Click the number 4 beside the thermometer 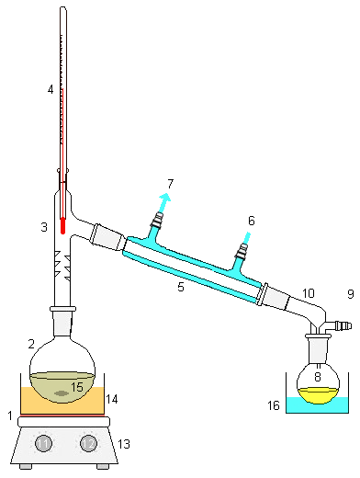51,89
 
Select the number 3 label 43,226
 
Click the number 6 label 251,221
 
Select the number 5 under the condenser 181,288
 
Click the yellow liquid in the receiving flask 318,395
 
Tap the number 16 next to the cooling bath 273,404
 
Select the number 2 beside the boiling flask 31,343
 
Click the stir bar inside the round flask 61,393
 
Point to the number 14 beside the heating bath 112,399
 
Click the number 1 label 10,416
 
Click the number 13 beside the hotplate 125,444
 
